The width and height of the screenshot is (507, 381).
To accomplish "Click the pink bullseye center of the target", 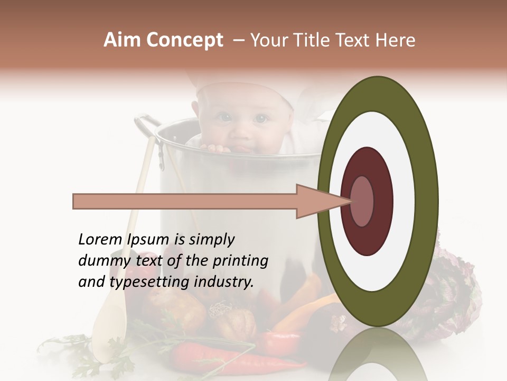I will click(362, 201).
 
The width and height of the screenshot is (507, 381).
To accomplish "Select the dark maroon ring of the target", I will click(367, 164).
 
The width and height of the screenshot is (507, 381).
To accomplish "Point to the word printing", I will click(241, 261).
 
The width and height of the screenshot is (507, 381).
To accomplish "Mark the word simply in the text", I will click(212, 240).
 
